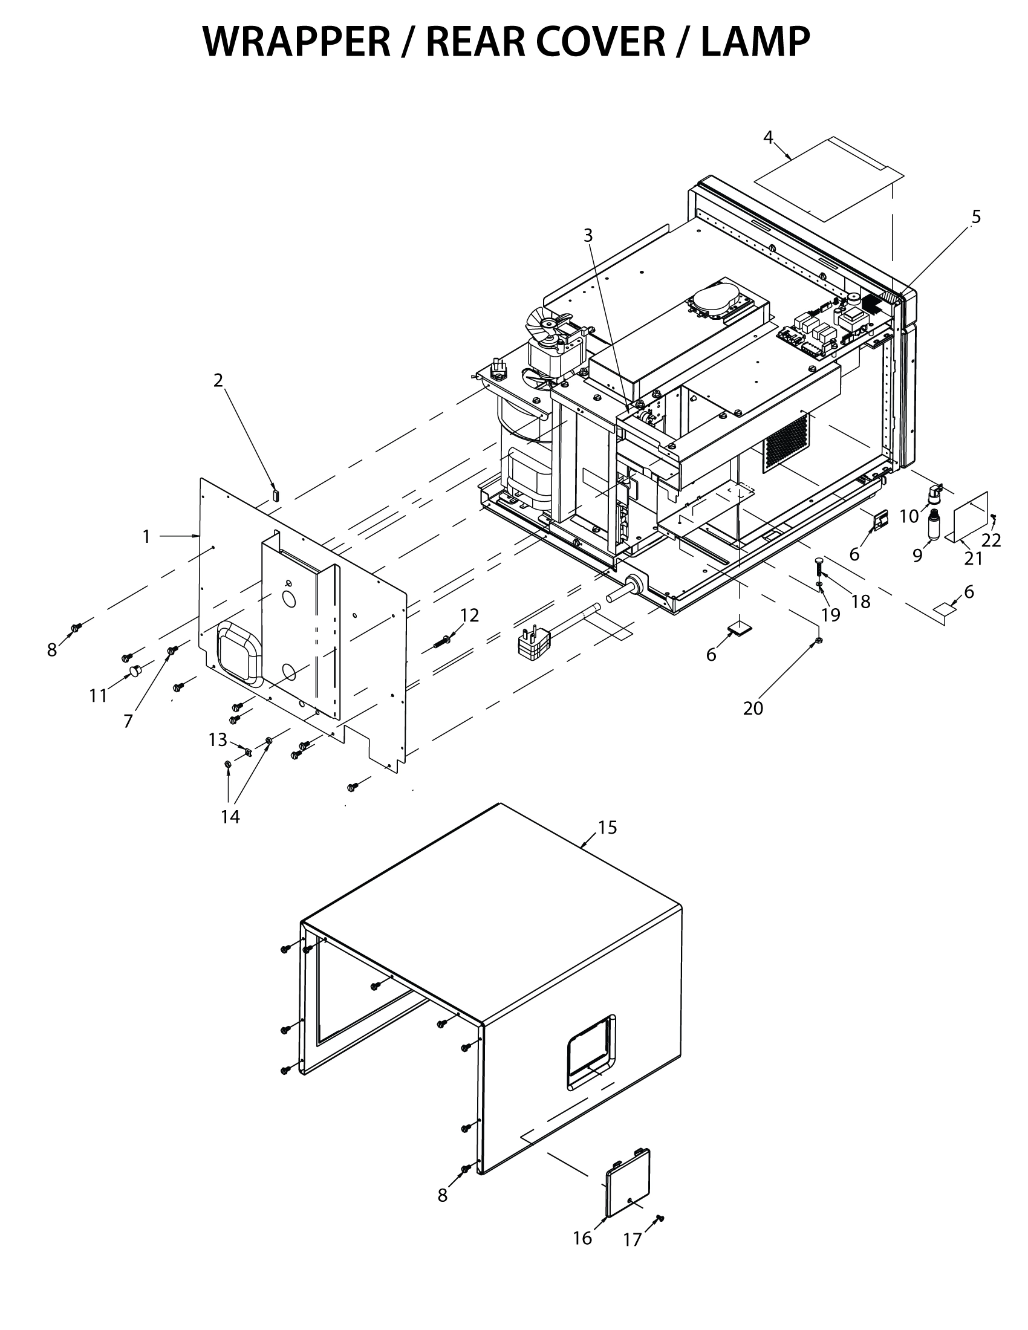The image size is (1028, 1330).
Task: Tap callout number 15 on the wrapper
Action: point(607,828)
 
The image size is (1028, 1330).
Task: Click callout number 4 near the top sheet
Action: point(768,138)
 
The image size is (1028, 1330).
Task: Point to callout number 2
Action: point(218,380)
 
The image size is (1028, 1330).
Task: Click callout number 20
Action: point(753,709)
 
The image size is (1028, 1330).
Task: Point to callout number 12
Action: point(469,615)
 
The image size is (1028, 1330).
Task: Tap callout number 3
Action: point(588,235)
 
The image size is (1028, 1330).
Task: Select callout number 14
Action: point(230,817)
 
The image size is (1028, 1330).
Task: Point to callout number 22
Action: point(991,539)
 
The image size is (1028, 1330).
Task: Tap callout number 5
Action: point(976,216)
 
